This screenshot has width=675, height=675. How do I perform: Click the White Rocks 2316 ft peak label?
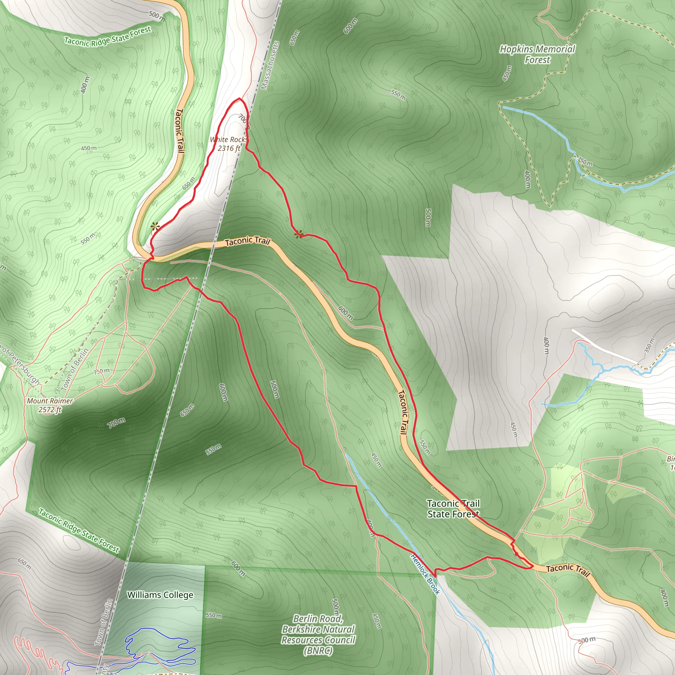click(x=229, y=144)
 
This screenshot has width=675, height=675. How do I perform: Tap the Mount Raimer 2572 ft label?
click(x=50, y=405)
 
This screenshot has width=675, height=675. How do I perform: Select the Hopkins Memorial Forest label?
click(x=537, y=54)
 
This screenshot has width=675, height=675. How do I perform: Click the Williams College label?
click(x=160, y=595)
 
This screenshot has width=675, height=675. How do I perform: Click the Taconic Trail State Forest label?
click(x=454, y=509)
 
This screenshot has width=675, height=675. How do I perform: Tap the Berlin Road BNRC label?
click(x=318, y=634)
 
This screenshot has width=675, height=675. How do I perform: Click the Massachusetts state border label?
click(x=270, y=66)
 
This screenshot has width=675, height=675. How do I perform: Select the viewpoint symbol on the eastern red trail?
click(x=298, y=234)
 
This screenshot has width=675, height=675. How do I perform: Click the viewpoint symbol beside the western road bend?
click(x=155, y=227)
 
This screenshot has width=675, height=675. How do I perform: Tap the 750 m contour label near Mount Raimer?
click(x=102, y=371)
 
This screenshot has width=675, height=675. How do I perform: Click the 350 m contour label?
click(x=649, y=345)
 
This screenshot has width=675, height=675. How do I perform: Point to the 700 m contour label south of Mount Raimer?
click(x=116, y=423)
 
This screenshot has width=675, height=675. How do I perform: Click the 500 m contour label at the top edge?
click(x=157, y=16)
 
